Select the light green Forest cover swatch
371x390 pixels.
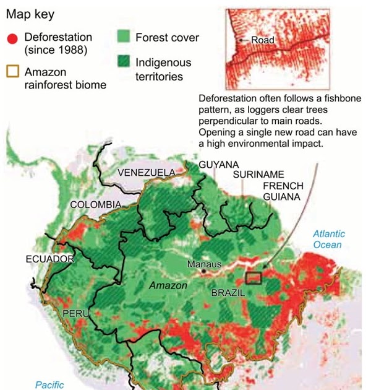coord(126,37)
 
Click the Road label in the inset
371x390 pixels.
coord(262,40)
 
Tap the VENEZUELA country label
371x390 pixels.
coord(147,171)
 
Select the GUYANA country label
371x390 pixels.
coord(219,164)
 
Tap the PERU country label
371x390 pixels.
coord(75,314)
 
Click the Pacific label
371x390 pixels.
coord(49,384)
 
